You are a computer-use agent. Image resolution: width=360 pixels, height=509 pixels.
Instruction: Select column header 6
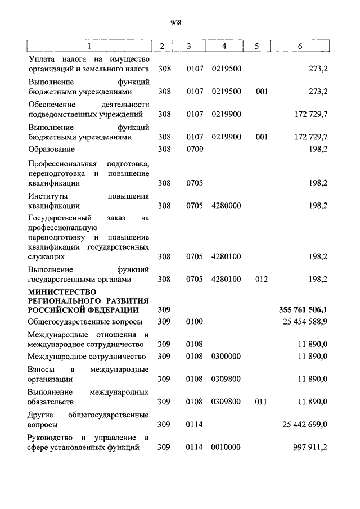click(x=299, y=46)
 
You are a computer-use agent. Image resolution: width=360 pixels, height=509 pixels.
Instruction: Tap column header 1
click(x=88, y=46)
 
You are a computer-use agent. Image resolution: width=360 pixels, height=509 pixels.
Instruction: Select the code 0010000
click(x=226, y=447)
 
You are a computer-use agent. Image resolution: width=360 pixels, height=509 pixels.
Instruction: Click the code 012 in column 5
click(x=261, y=279)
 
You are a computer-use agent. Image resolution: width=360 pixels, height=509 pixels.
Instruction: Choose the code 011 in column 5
click(x=261, y=402)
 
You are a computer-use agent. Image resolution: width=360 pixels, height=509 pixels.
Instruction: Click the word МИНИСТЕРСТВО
click(x=62, y=291)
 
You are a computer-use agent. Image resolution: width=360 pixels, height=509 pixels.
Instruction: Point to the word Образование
click(x=51, y=150)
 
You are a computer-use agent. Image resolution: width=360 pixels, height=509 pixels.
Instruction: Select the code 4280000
click(x=226, y=205)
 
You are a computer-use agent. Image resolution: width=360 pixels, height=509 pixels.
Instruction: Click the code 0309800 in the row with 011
click(x=226, y=402)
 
